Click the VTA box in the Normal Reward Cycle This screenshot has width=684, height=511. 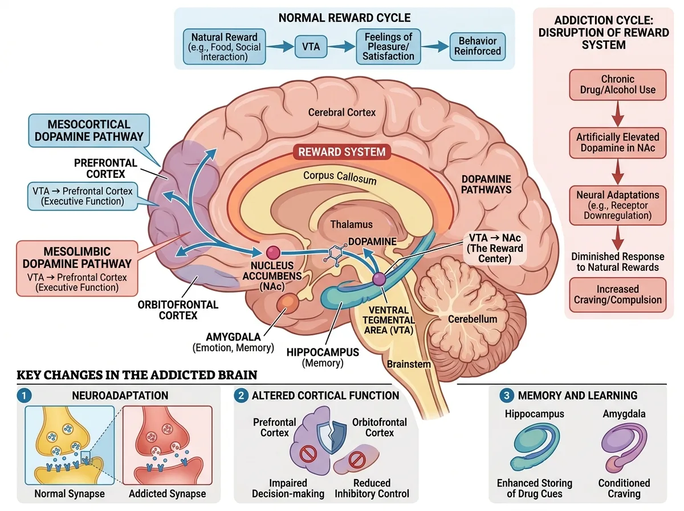311,47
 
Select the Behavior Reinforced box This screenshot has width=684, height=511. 478,46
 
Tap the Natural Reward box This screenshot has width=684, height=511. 225,47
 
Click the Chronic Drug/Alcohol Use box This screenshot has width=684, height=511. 618,84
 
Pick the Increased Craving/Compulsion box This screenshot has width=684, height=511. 618,295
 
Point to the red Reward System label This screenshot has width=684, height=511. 342,152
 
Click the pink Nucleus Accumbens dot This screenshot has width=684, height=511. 273,252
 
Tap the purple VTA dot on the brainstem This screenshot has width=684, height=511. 379,279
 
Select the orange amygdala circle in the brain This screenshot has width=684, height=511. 287,303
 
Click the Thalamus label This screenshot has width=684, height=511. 352,225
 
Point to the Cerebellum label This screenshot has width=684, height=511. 473,319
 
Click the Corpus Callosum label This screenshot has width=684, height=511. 340,177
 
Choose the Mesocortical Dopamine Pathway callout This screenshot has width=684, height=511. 89,131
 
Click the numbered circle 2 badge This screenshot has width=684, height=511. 241,396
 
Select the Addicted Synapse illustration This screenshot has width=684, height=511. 168,445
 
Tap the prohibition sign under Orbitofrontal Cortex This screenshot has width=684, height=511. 357,460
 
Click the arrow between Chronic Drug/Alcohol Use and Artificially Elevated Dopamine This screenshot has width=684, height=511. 618,114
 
